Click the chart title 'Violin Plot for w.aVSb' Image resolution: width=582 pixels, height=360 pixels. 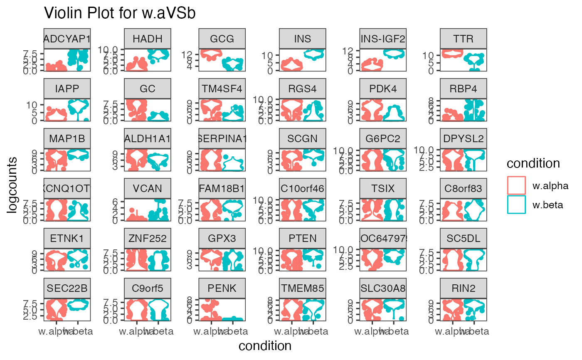click(120, 13)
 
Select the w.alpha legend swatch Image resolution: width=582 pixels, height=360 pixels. click(517, 185)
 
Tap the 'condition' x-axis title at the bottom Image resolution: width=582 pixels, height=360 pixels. click(265, 346)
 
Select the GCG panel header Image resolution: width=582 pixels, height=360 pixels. click(222, 39)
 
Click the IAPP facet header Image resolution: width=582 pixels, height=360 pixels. click(67, 89)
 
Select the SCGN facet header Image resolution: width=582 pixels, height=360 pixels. click(302, 139)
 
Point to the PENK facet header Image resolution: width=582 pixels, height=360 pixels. click(222, 288)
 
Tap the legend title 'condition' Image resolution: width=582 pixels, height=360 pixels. click(533, 164)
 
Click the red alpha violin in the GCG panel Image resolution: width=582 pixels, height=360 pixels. click(211, 54)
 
